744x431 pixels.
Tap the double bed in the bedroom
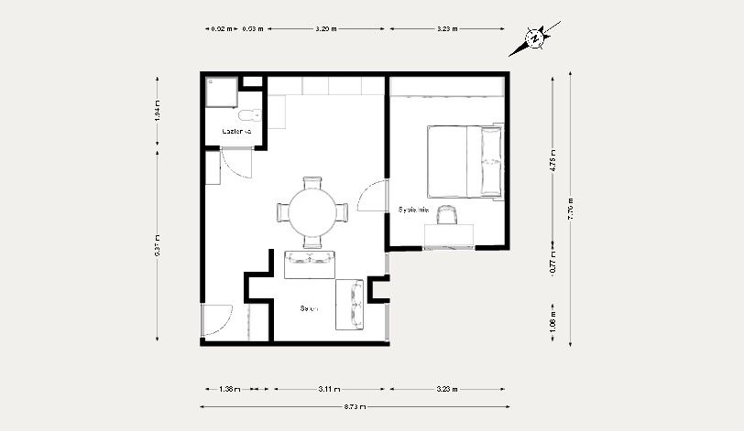click(x=465, y=161)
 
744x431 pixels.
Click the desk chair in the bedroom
click(x=447, y=214)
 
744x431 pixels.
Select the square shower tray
click(x=222, y=93)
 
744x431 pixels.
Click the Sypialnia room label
click(x=413, y=210)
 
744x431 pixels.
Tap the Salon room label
click(x=309, y=308)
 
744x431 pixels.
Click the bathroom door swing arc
click(x=240, y=165)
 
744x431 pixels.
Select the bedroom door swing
click(x=371, y=196)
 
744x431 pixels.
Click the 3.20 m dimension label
click(x=326, y=28)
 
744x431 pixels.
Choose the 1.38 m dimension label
click(x=230, y=389)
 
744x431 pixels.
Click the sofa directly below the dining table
click(x=310, y=264)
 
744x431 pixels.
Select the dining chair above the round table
click(x=312, y=182)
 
